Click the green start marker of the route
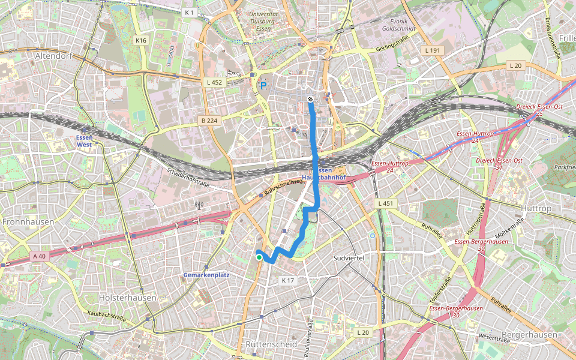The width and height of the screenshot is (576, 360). [259, 257]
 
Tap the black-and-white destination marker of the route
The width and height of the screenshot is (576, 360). [310, 99]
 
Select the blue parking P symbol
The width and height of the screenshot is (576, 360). [263, 86]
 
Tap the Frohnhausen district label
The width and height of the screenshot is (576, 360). [28, 221]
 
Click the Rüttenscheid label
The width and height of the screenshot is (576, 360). [271, 344]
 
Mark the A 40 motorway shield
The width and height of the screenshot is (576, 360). [39, 256]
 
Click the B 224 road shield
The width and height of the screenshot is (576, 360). [209, 121]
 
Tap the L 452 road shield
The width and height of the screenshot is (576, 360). [213, 82]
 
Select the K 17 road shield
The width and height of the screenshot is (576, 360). [287, 280]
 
